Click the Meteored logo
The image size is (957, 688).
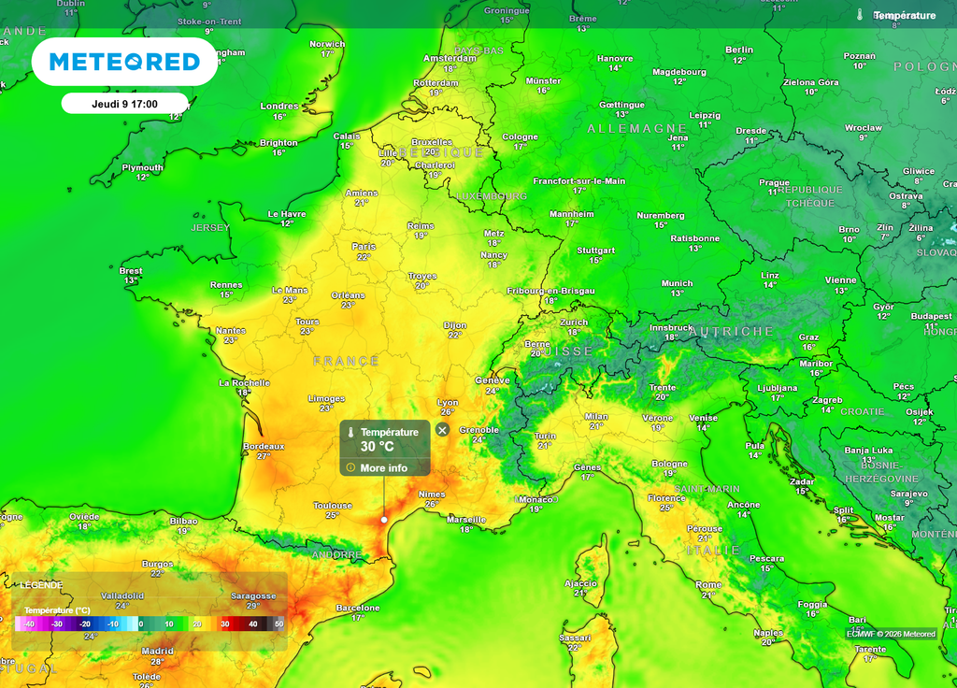(x=124, y=62)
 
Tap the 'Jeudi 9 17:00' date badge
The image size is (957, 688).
(x=124, y=104)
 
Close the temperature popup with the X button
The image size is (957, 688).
(x=442, y=430)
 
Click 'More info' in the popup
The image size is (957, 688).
(x=383, y=467)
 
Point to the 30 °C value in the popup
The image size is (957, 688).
(x=378, y=447)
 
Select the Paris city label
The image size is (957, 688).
(x=364, y=247)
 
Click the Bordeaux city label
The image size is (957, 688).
(x=264, y=447)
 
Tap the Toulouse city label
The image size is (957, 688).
(x=333, y=506)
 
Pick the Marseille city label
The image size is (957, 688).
(x=466, y=519)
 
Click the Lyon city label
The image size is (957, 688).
(x=448, y=402)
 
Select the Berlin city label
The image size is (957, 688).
(x=738, y=50)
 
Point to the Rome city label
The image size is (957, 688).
(x=708, y=584)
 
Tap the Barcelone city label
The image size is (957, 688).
(x=358, y=608)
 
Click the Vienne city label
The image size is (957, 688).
(x=840, y=279)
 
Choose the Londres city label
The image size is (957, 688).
(x=279, y=106)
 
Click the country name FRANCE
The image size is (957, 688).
(x=346, y=361)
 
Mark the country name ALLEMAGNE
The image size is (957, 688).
(x=637, y=128)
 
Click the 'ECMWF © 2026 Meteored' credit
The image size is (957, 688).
(x=891, y=634)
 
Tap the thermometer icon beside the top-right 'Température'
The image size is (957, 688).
(x=860, y=15)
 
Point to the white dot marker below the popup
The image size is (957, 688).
(x=384, y=520)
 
